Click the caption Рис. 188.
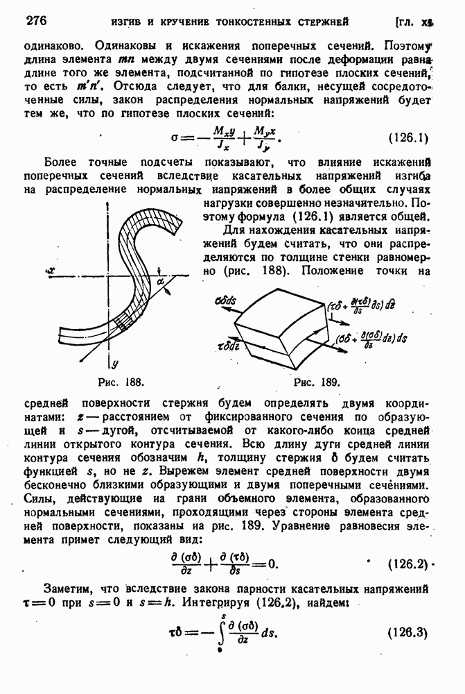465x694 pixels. [119, 382]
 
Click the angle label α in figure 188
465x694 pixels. [161, 281]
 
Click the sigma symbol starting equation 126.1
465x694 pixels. [174, 136]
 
